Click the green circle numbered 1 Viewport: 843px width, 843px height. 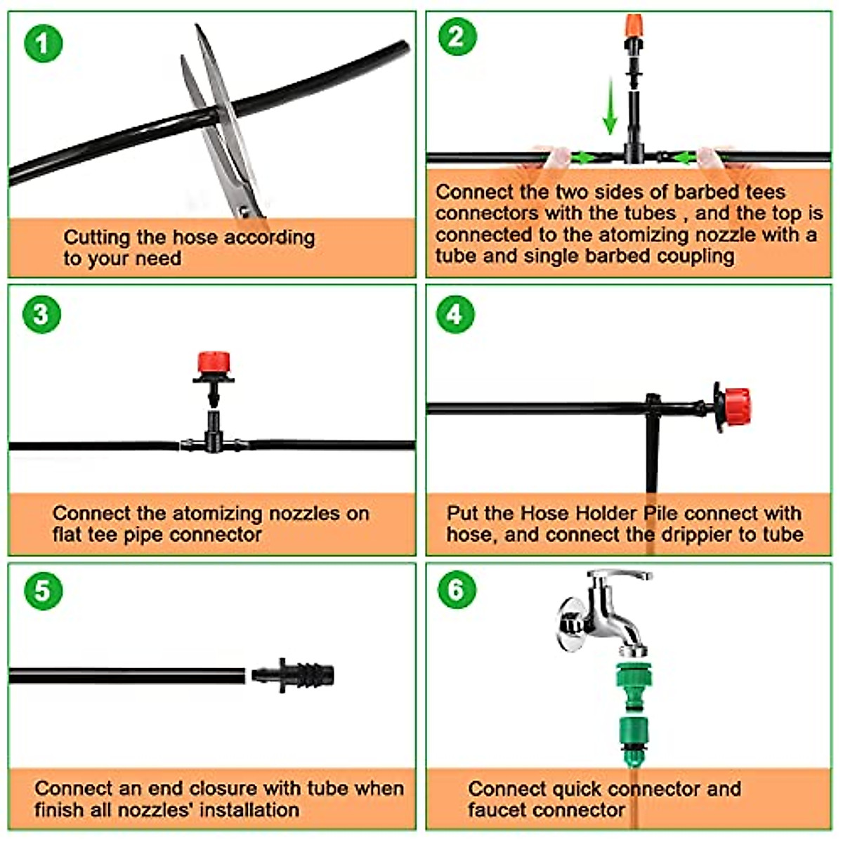pyautogui.click(x=43, y=44)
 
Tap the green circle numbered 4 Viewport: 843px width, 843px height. pyautogui.click(x=455, y=314)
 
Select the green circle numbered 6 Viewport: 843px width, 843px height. pyautogui.click(x=457, y=589)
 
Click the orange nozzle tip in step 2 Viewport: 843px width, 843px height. pyautogui.click(x=634, y=27)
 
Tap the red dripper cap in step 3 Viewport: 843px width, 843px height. pyautogui.click(x=214, y=363)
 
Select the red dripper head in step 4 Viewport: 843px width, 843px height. pyautogui.click(x=736, y=406)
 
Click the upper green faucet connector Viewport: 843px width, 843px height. pyautogui.click(x=635, y=679)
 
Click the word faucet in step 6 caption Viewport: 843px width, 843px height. pyautogui.click(x=499, y=810)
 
